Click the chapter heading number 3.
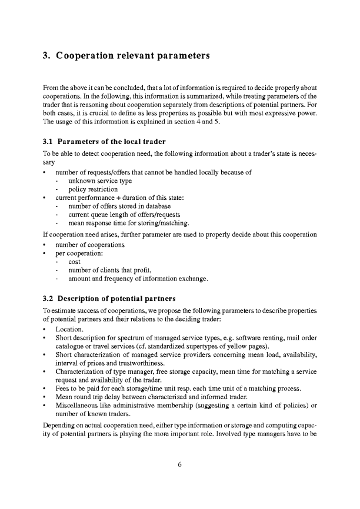(x=47, y=56)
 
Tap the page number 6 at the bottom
(x=180, y=464)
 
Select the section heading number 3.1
(x=49, y=142)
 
